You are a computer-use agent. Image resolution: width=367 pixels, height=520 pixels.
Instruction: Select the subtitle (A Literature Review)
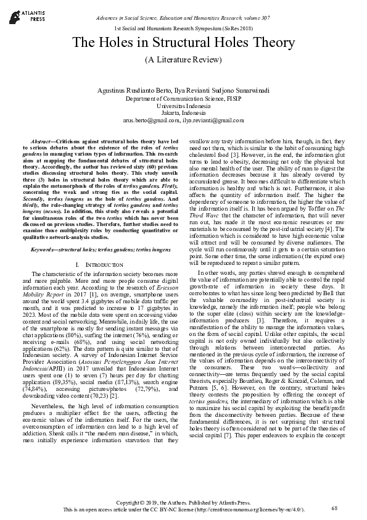[183, 60]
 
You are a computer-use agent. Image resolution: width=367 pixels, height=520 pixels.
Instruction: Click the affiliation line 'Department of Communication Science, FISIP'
[183, 99]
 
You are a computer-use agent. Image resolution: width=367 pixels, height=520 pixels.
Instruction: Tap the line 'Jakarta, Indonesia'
[183, 114]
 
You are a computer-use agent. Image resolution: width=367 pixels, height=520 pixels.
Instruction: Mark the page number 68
[334, 508]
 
